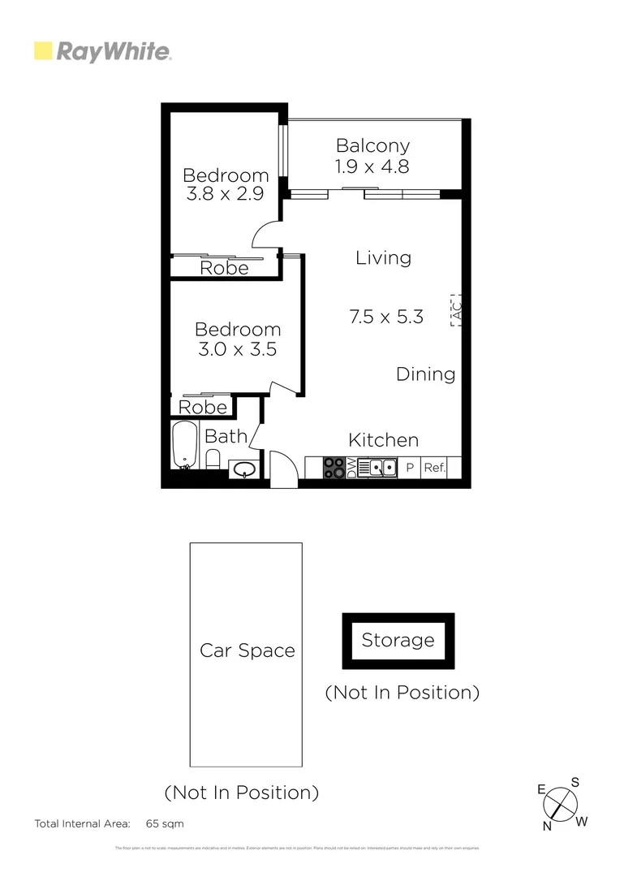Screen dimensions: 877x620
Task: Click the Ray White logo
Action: (x=102, y=52)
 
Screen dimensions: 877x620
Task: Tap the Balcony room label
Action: (x=372, y=146)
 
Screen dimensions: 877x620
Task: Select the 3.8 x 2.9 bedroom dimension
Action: (x=226, y=195)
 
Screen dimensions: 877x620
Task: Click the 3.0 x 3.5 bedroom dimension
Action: (x=238, y=350)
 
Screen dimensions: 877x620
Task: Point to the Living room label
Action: (x=383, y=258)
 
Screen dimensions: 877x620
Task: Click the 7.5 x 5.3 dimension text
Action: (x=386, y=317)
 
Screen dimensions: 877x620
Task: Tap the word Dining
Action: (x=425, y=374)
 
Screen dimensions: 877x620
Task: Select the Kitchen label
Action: (x=383, y=440)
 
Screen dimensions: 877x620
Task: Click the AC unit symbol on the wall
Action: (x=455, y=309)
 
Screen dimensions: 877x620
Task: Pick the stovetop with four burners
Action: (x=334, y=468)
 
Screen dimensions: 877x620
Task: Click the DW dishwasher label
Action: (x=351, y=468)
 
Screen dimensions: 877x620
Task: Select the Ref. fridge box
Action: (x=434, y=468)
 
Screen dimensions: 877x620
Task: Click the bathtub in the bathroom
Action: (x=185, y=445)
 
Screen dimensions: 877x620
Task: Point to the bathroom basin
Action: (x=243, y=469)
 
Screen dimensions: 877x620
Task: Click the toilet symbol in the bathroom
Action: (x=213, y=460)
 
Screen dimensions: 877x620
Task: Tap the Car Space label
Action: (x=247, y=650)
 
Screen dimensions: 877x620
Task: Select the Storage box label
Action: (x=398, y=640)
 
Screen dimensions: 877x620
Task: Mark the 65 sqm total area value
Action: (x=165, y=823)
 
